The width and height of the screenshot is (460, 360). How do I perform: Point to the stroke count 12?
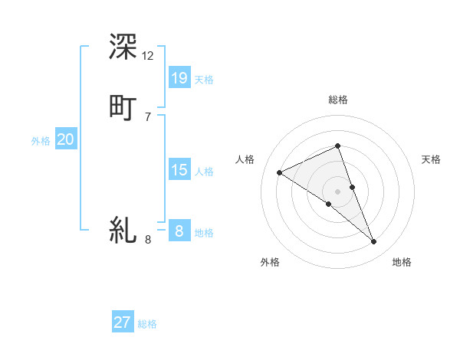148,56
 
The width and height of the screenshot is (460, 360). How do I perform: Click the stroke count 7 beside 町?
148,116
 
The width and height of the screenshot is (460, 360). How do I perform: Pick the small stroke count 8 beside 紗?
148,240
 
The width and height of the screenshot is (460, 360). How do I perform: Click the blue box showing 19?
179,77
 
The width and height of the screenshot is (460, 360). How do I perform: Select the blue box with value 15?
179,169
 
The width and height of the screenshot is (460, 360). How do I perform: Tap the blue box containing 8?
179,231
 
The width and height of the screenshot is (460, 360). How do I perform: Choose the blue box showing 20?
66,139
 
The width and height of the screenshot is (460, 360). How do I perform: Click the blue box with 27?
123,322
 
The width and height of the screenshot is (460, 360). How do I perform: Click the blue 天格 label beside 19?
204,80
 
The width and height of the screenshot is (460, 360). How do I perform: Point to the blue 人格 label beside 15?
204,172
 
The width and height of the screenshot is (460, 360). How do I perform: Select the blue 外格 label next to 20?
41,141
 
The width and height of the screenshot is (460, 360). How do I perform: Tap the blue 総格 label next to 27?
147,324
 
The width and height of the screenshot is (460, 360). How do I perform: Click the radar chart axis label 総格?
338,100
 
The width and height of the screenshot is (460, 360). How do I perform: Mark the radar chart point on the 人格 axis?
280,173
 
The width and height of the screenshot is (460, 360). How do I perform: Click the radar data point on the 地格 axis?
374,242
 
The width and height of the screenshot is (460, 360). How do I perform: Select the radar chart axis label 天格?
431,159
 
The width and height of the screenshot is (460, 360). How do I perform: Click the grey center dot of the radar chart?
337,191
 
